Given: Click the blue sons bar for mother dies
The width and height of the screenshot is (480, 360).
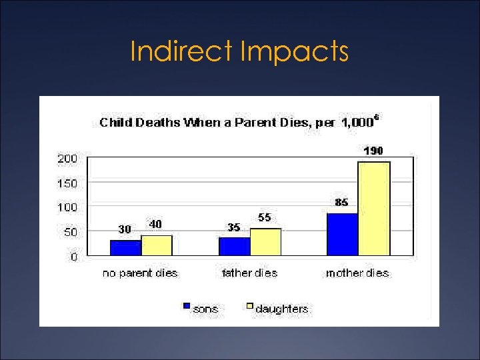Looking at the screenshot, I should click(342, 234).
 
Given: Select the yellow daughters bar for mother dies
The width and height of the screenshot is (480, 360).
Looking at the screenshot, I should click(373, 208).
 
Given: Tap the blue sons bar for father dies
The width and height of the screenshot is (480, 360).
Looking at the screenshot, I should click(234, 246).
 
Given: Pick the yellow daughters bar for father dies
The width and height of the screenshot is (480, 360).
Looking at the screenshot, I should click(265, 241).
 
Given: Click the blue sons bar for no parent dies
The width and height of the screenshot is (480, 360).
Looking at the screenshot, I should click(125, 247).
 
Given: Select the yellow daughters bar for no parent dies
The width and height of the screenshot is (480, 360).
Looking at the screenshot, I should click(157, 245).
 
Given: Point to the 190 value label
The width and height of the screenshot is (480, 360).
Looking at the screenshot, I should click(373, 151).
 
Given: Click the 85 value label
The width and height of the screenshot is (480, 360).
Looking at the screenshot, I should click(341, 203).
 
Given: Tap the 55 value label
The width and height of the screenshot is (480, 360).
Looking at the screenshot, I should click(265, 217).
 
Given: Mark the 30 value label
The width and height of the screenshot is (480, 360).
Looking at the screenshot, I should click(125, 229).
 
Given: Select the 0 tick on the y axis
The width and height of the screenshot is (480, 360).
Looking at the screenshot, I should click(73, 256).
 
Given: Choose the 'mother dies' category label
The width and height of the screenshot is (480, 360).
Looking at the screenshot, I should click(357, 273).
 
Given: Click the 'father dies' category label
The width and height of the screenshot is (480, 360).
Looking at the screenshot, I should click(249, 273).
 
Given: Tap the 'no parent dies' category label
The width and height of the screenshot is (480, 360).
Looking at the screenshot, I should click(140, 273).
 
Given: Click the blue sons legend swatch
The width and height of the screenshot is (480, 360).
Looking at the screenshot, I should click(187, 307).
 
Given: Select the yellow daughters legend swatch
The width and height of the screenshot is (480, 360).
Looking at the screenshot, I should click(250, 307).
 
